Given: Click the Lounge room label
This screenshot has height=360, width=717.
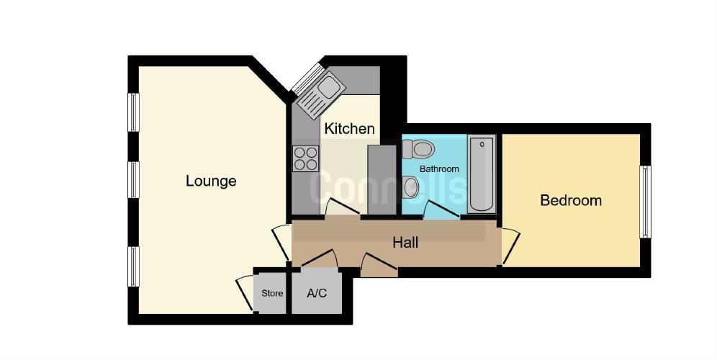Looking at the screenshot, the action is (x=211, y=181).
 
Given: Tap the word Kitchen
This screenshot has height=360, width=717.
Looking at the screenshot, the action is (x=349, y=129).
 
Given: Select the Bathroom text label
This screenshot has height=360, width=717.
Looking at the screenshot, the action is (x=439, y=168).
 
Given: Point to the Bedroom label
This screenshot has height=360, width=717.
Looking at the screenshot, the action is (x=571, y=200).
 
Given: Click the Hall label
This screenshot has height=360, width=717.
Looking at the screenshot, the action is (x=405, y=243).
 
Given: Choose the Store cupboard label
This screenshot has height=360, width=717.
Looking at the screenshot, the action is (x=272, y=293).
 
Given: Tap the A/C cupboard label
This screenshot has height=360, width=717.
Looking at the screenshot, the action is (x=317, y=293).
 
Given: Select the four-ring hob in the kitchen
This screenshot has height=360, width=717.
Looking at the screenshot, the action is (x=305, y=158).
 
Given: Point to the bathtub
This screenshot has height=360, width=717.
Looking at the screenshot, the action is (x=482, y=174).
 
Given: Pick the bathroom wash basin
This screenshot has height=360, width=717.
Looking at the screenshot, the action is (x=411, y=187).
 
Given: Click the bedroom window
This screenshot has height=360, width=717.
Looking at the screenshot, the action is (x=645, y=202).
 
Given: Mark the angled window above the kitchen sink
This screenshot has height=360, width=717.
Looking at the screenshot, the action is (x=307, y=78).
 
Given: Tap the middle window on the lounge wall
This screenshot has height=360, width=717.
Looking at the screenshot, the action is (x=133, y=180).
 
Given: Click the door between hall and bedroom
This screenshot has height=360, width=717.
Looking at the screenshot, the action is (x=511, y=246).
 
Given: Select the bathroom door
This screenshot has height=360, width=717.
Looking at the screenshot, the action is (x=441, y=210).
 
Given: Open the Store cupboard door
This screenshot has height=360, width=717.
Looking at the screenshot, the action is (x=245, y=294).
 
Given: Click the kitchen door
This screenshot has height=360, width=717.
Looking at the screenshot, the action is (x=342, y=207).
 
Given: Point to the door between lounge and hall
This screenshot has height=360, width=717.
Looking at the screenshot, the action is (x=281, y=243).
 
